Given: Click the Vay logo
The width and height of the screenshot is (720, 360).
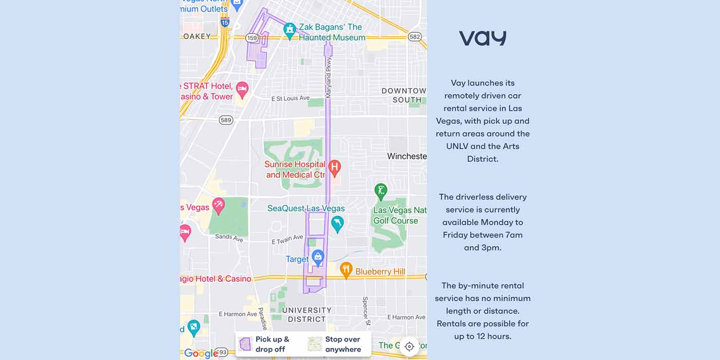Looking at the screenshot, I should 482,39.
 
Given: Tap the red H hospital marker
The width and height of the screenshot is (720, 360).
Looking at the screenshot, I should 334,167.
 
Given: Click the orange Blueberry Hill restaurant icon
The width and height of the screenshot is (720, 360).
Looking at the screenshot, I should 346,269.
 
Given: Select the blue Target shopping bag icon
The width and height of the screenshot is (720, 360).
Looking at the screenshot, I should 318,256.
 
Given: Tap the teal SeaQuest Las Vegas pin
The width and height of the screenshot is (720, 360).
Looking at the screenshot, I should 337,223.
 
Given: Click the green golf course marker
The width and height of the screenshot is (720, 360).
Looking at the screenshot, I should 381,191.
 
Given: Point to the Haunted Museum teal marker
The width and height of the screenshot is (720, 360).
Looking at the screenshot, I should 290,30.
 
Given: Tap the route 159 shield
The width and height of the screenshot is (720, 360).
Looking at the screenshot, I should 252,38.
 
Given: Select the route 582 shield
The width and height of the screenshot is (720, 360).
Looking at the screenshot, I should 415,37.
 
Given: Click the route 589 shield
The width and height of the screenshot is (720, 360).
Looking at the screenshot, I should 226,120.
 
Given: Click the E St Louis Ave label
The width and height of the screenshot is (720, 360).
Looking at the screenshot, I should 290,98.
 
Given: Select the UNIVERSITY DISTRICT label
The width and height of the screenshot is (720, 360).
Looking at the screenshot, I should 307,314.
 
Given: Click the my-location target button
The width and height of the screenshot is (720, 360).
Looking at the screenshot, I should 409,346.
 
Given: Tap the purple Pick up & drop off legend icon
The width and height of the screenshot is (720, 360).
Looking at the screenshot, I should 245,344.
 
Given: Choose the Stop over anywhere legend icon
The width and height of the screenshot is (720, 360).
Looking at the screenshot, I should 315,344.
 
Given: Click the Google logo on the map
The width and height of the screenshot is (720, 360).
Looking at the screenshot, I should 201,353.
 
